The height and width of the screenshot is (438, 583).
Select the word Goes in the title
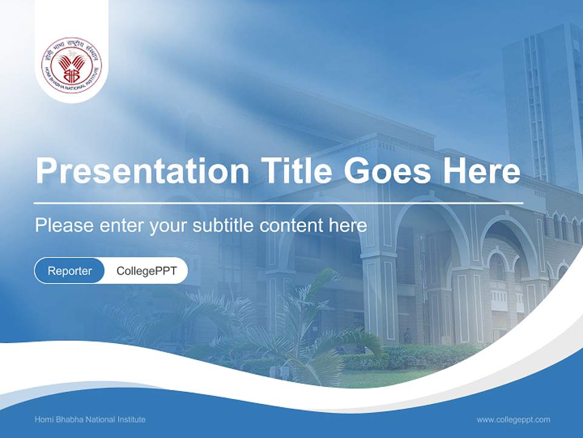(x=386, y=171)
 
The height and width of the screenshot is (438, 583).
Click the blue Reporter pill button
(x=70, y=271)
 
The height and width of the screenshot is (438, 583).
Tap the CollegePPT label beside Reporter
(x=146, y=271)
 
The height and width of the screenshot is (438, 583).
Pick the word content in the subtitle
(x=291, y=226)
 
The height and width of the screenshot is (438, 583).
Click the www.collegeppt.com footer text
(x=513, y=419)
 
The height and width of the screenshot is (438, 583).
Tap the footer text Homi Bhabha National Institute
(x=90, y=419)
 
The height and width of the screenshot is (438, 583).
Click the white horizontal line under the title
(x=279, y=203)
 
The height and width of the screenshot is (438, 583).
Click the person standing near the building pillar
(x=407, y=336)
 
